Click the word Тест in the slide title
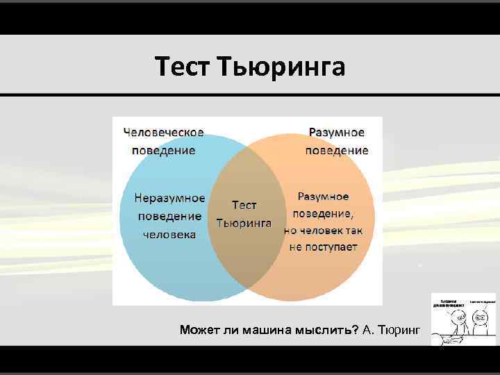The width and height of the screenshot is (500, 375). coord(183,67)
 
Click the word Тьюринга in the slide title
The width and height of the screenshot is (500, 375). coord(281,67)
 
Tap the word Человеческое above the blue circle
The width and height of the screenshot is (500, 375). coord(163,131)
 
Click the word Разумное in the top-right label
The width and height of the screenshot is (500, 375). coord(336,131)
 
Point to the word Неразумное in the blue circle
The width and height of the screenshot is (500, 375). coord(169,197)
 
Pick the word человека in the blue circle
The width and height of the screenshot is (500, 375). coord(169,234)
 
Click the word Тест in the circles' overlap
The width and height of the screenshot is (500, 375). coord(244,205)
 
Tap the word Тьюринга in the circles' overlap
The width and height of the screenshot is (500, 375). coord(244,223)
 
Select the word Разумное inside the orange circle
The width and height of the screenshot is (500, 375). coord(323,197)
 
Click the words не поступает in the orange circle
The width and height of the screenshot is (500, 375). coord(323,247)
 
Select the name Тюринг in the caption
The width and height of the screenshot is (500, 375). coord(399,328)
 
